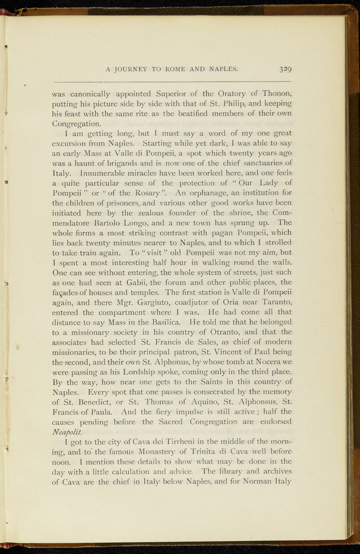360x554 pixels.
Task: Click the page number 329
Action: (285, 69)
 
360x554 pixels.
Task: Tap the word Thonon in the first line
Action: (277, 94)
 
